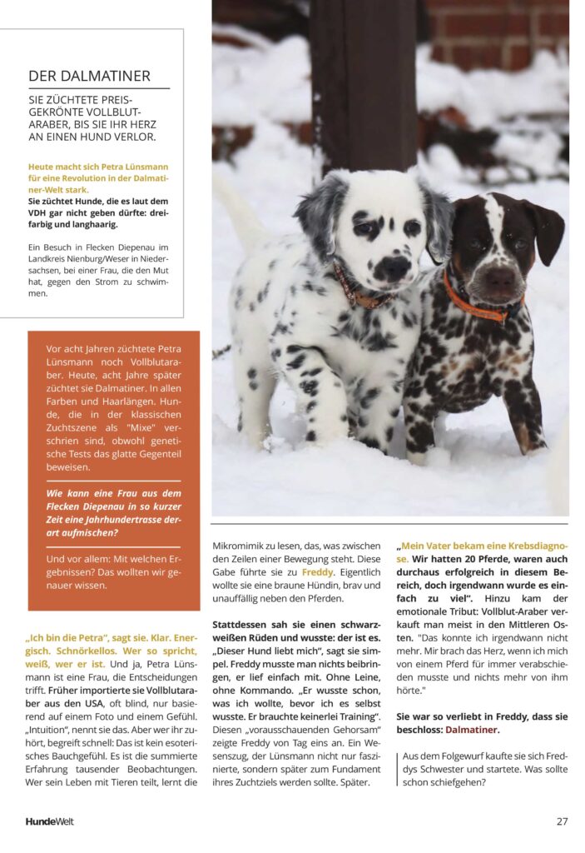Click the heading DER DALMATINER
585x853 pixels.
pyautogui.click(x=89, y=76)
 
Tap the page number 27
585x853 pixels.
pyautogui.click(x=563, y=821)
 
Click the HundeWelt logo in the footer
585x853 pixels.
pyautogui.click(x=49, y=821)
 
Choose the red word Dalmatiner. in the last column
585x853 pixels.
pyautogui.click(x=473, y=730)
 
